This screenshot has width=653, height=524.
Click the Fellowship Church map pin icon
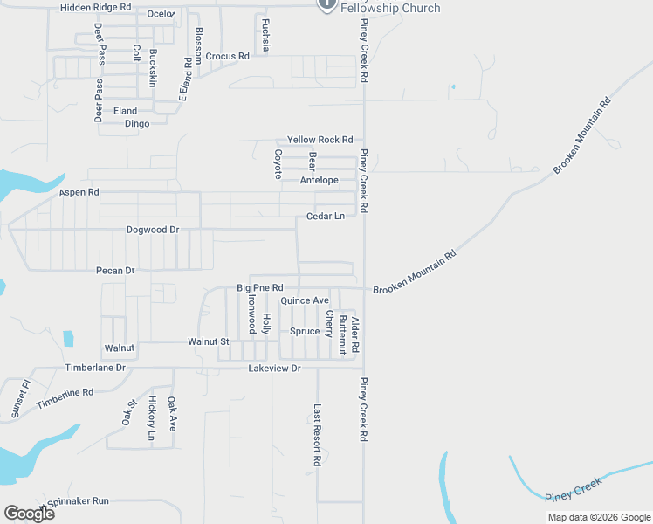[326, 4]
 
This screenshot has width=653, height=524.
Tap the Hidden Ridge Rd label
[95, 7]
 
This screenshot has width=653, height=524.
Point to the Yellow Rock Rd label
[320, 140]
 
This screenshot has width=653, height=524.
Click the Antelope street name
[319, 181]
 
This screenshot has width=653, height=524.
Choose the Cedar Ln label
[326, 216]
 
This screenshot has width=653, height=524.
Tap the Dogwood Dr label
[152, 230]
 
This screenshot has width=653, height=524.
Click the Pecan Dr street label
[115, 271]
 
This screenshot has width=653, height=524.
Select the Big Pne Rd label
[260, 287]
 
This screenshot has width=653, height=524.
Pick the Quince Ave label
[304, 300]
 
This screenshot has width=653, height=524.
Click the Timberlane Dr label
[95, 369]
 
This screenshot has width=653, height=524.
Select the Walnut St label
[208, 341]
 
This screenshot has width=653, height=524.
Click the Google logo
[29, 514]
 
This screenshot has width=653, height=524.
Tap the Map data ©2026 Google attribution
[599, 517]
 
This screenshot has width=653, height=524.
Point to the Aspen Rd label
[79, 192]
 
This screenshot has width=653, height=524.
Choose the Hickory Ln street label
[152, 417]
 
